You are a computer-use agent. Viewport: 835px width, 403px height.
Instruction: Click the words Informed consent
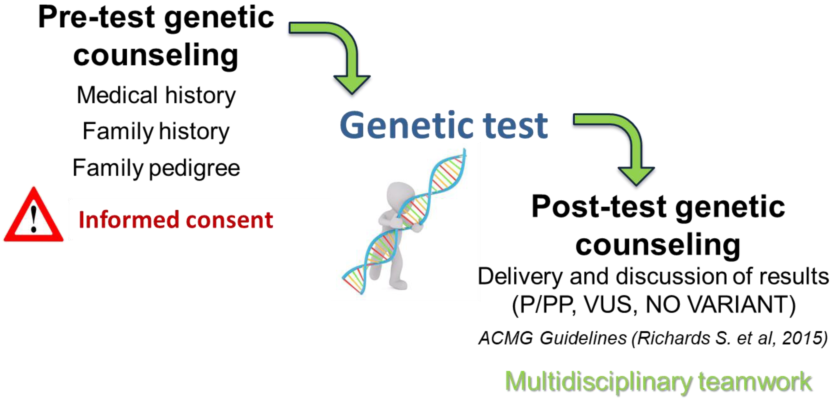click(x=175, y=220)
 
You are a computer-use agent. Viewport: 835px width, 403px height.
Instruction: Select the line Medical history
click(x=156, y=96)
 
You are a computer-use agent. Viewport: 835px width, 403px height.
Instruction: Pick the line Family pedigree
click(x=156, y=168)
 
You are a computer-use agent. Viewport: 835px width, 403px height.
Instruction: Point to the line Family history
click(x=156, y=132)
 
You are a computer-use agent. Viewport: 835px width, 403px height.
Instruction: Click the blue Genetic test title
click(x=443, y=126)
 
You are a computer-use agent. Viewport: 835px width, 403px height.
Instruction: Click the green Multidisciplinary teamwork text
click(x=658, y=381)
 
